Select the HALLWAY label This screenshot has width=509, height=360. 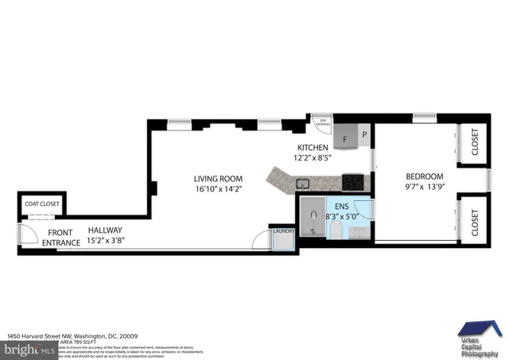105,229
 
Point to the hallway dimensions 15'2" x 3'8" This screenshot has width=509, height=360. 104,239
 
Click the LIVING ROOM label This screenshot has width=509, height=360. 218,179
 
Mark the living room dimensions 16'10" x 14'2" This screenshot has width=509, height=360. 218,189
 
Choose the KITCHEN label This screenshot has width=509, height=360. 313,148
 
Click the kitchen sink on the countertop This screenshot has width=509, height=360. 302,184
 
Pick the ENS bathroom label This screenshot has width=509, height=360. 342,204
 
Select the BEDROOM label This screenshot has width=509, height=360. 424,176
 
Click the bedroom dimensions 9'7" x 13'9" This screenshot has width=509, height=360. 424,188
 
